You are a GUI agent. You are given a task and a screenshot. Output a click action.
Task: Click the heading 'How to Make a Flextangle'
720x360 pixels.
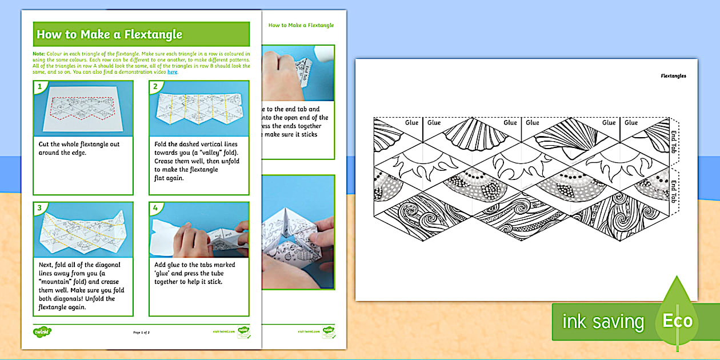pyautogui.click(x=109, y=34)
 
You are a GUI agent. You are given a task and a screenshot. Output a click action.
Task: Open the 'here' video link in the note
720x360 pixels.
pyautogui.click(x=173, y=72)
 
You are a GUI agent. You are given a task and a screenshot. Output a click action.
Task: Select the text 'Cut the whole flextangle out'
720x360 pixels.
pyautogui.click(x=79, y=144)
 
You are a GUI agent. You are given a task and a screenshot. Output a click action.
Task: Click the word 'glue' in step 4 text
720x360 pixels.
pyautogui.click(x=164, y=273)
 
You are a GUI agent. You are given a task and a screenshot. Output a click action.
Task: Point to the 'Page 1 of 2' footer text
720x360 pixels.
pyautogui.click(x=141, y=332)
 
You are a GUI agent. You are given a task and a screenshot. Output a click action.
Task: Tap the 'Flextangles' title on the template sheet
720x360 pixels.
pyautogui.click(x=673, y=75)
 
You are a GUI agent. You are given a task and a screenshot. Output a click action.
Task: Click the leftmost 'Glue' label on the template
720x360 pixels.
pyautogui.click(x=411, y=122)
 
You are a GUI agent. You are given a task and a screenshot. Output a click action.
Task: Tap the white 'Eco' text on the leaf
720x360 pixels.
pyautogui.click(x=677, y=321)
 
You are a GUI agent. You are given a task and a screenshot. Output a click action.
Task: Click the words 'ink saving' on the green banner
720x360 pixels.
pyautogui.click(x=603, y=322)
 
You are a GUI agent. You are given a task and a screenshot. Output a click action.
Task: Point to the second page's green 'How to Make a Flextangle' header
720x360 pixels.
pyautogui.click(x=301, y=25)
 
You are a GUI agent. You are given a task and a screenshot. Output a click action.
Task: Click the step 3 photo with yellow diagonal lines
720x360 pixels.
pyautogui.click(x=83, y=229)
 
